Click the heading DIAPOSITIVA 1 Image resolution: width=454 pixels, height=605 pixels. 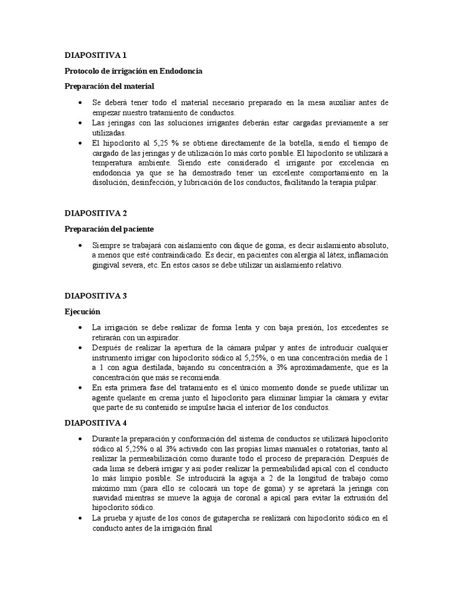(95, 56)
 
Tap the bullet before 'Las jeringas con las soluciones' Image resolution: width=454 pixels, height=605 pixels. (80, 123)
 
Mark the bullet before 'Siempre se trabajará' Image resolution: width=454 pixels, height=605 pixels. (80, 245)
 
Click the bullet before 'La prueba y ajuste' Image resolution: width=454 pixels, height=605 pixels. (80, 519)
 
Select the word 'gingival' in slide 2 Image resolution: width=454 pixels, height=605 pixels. (106, 266)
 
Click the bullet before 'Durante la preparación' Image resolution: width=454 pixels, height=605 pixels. (80, 440)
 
